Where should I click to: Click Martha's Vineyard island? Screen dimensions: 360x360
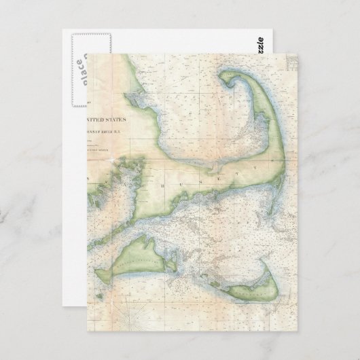(x=129, y=258)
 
